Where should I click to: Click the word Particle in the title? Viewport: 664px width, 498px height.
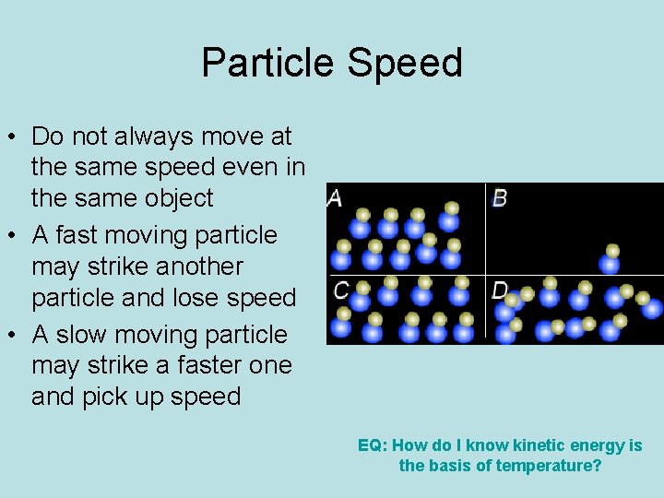[x=268, y=63]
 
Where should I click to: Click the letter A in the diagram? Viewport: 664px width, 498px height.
[x=335, y=198]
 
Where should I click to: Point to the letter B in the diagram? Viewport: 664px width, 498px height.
[x=500, y=198]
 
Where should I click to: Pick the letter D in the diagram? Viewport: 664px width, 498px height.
[x=500, y=290]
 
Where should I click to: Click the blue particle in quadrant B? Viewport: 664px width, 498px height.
[x=610, y=265]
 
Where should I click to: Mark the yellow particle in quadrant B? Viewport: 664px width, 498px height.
[x=612, y=250]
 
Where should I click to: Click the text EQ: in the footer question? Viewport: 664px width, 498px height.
[x=373, y=445]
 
